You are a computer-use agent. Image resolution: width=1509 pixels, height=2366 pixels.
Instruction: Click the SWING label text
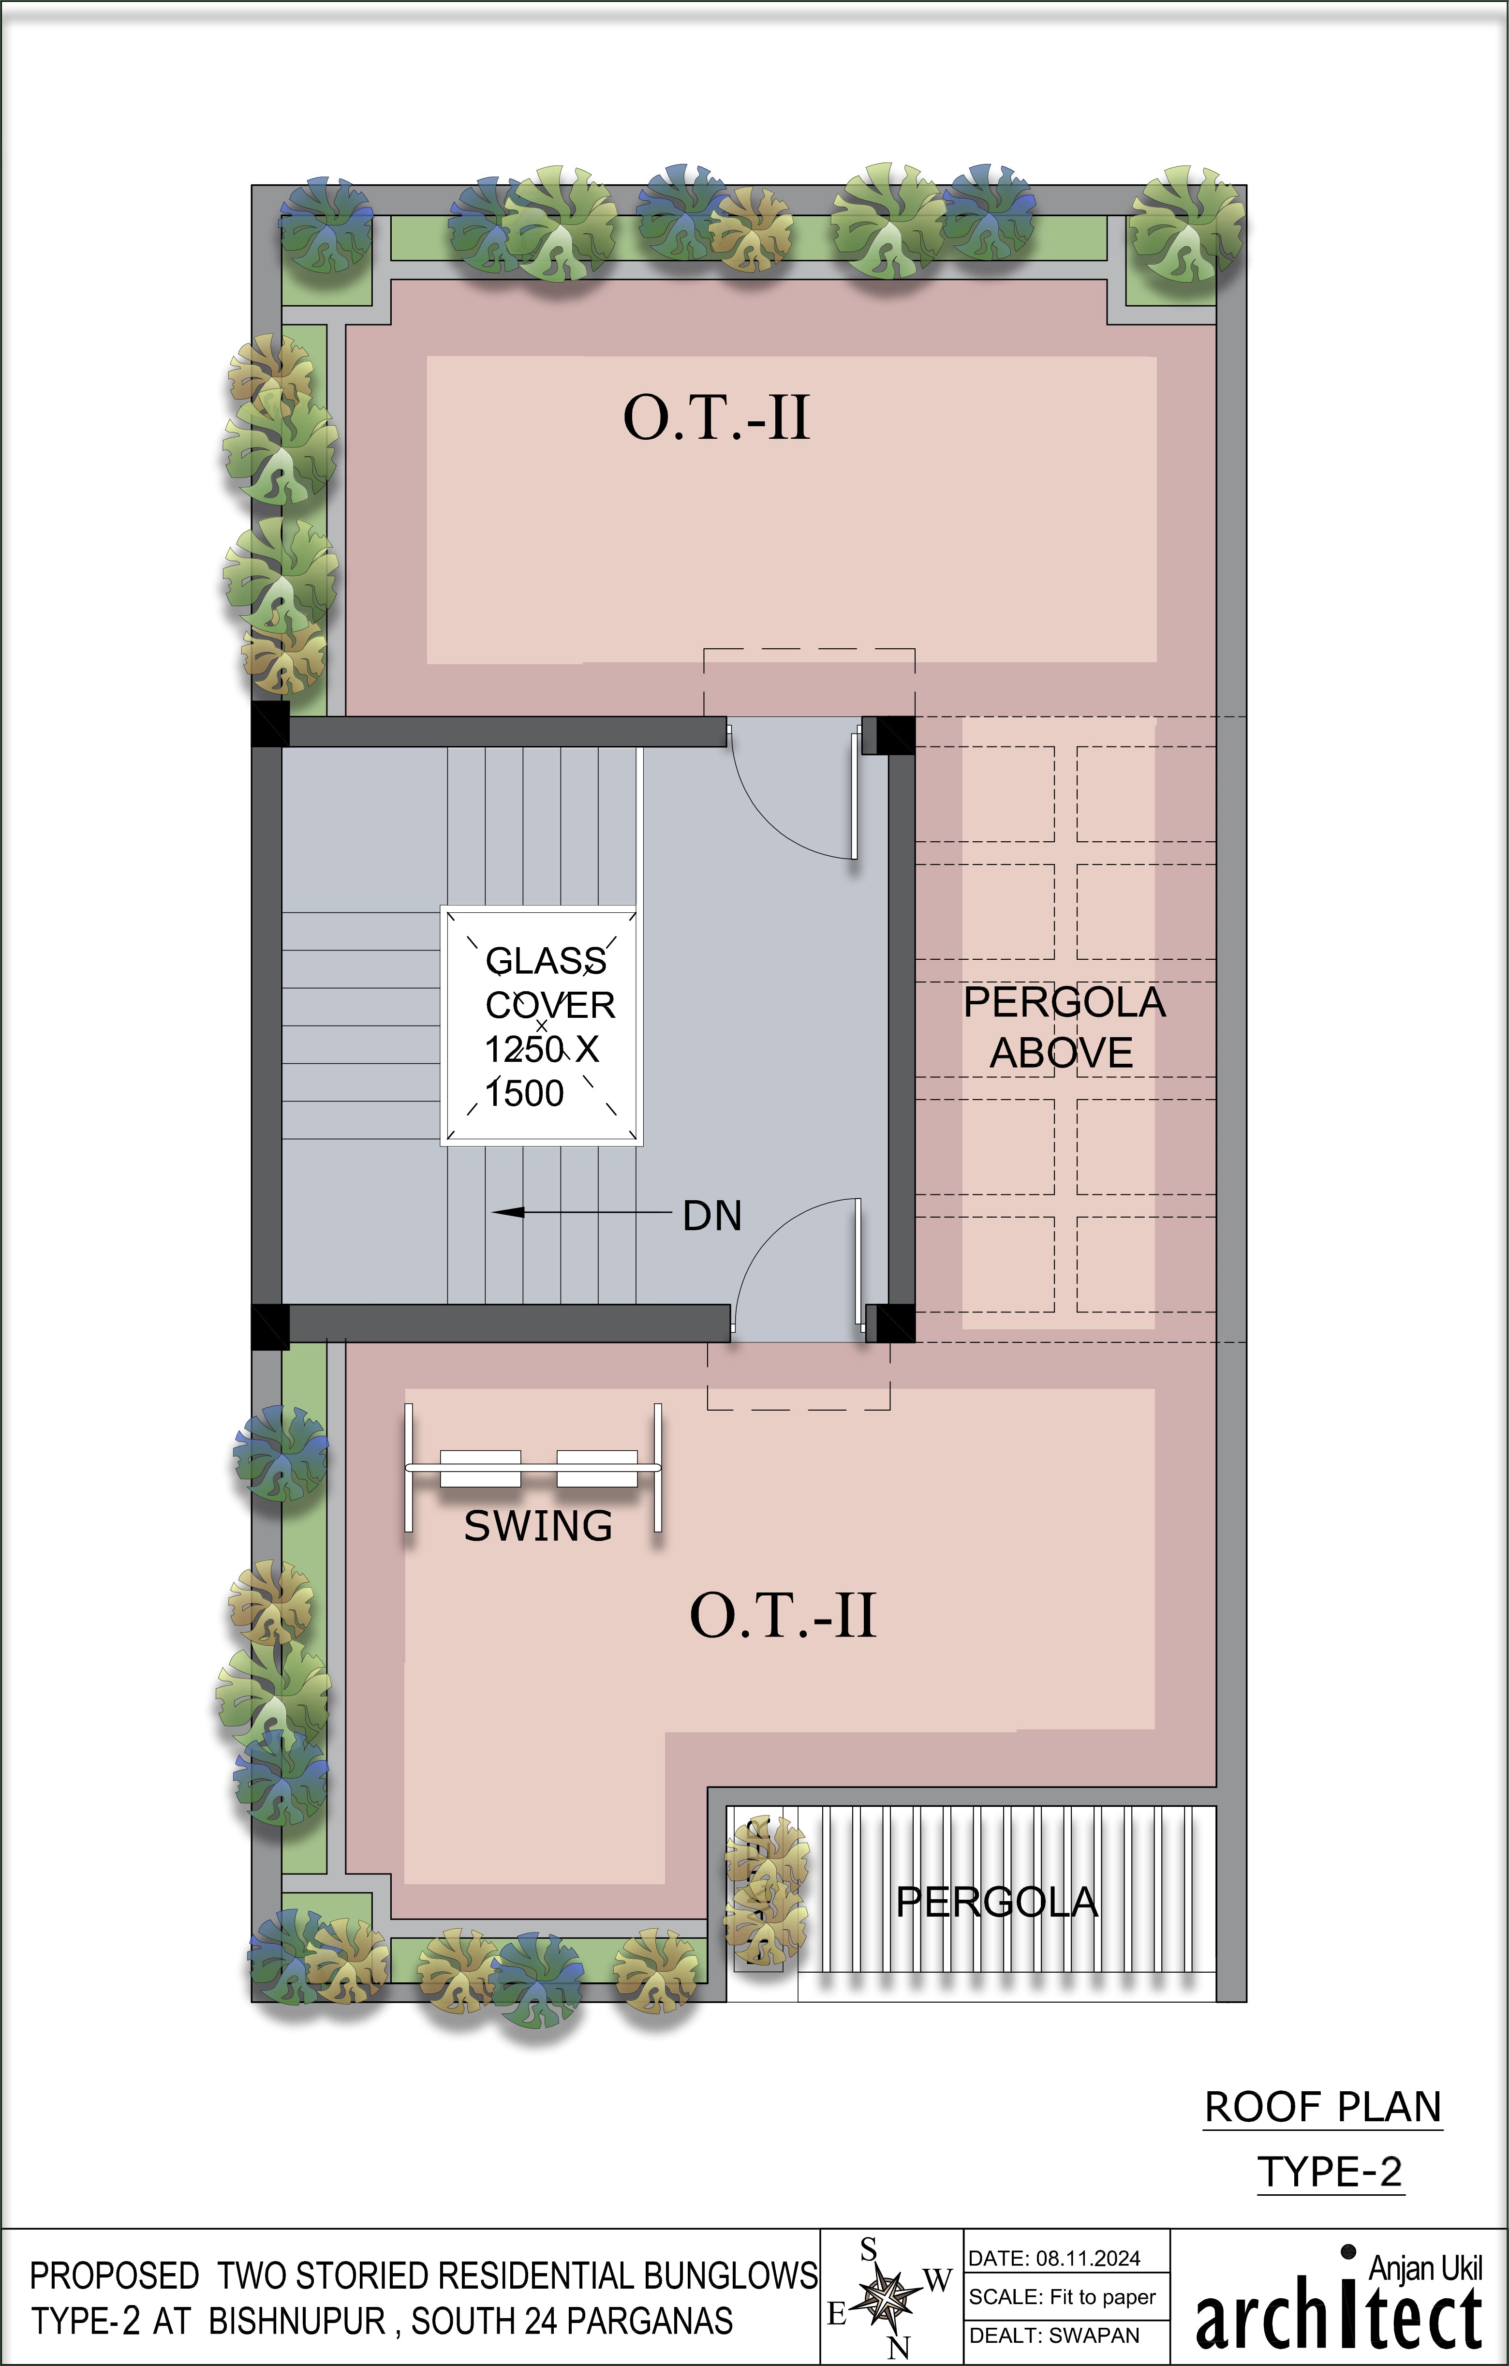point(538,1526)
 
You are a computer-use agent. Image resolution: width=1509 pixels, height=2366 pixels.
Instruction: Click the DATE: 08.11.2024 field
point(1054,2258)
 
